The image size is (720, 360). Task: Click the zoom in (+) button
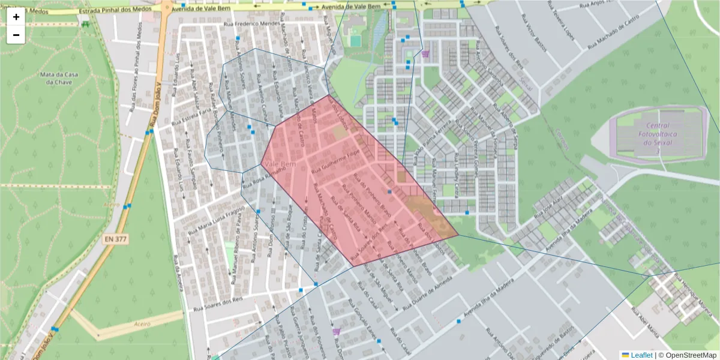(16, 17)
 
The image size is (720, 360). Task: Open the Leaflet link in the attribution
(641, 355)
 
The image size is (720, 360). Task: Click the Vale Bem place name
(280, 164)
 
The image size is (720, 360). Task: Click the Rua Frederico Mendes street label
(252, 24)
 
